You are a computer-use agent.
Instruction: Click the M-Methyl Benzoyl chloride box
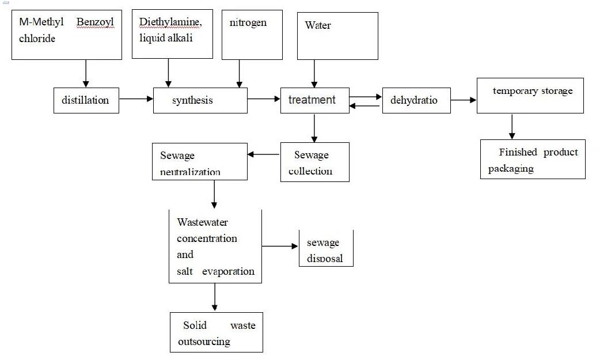click(x=67, y=35)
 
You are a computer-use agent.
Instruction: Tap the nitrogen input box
click(x=252, y=35)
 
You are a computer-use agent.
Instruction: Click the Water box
click(x=337, y=36)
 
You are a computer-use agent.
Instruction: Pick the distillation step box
click(x=86, y=100)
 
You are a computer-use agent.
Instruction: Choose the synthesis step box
click(x=200, y=100)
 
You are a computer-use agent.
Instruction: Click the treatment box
click(x=314, y=100)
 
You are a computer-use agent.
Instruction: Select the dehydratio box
click(x=416, y=100)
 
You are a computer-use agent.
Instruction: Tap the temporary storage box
click(x=530, y=96)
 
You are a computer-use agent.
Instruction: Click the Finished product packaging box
click(x=533, y=160)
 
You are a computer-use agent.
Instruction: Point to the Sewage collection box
click(x=314, y=162)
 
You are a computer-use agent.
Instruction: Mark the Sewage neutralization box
click(x=200, y=162)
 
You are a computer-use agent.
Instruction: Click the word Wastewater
click(x=203, y=222)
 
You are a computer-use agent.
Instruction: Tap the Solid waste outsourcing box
click(x=217, y=332)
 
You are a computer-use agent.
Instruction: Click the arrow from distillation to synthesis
click(x=136, y=99)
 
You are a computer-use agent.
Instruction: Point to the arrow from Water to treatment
click(x=314, y=73)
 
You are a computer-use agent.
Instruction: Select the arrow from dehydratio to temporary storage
click(x=464, y=100)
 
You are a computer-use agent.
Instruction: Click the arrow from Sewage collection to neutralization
click(x=264, y=154)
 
